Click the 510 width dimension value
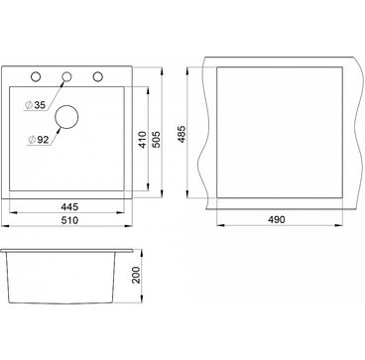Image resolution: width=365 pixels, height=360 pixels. pyautogui.click(x=69, y=220)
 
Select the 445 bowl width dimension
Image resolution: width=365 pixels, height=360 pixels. pyautogui.click(x=69, y=207)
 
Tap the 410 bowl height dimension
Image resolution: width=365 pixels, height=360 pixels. pyautogui.click(x=143, y=140)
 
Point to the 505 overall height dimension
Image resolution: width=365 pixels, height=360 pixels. pyautogui.click(x=157, y=140)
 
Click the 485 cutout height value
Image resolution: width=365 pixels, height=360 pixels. pyautogui.click(x=182, y=134)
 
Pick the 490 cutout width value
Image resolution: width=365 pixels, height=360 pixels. pyautogui.click(x=276, y=219)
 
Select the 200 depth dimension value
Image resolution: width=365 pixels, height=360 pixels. pyautogui.click(x=136, y=275)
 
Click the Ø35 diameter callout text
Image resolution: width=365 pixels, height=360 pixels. pyautogui.click(x=35, y=105)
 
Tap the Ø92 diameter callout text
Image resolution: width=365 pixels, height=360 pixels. pyautogui.click(x=38, y=140)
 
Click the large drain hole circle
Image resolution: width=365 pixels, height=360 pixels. pyautogui.click(x=66, y=106)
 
